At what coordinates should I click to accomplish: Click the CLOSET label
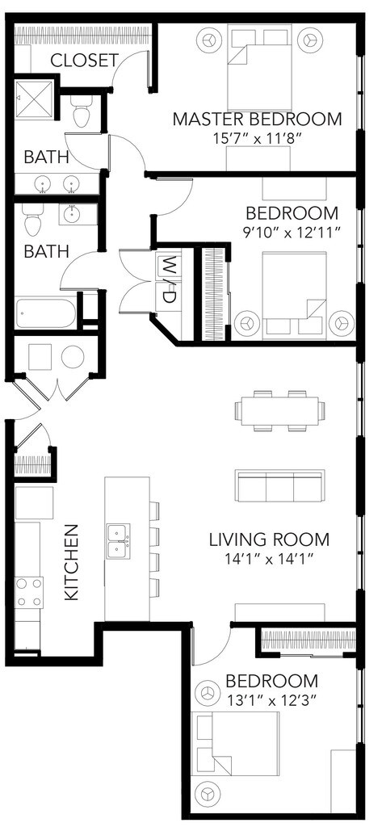tap(84, 60)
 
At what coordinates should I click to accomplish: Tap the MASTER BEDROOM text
tap(258, 119)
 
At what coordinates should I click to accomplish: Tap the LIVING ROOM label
tap(270, 539)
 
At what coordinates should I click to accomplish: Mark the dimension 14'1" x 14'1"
tap(270, 559)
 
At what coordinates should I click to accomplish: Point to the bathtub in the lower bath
tap(46, 314)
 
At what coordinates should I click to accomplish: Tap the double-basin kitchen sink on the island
tap(119, 541)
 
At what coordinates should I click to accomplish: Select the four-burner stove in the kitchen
tap(29, 593)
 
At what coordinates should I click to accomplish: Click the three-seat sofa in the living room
tap(279, 485)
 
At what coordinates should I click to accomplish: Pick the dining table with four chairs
tap(279, 411)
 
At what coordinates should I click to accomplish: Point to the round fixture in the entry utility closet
tap(72, 357)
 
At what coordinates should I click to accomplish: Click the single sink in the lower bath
tap(71, 215)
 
